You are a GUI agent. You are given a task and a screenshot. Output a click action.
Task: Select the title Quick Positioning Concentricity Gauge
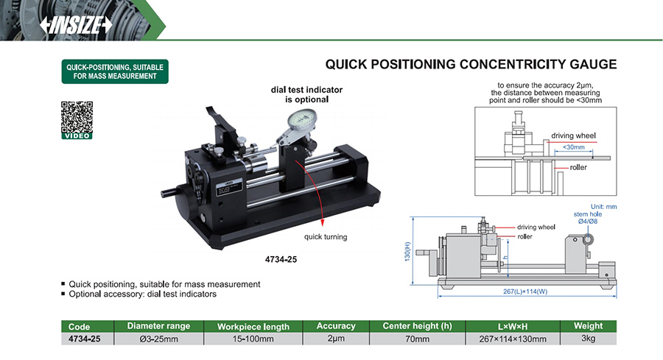point(471,65)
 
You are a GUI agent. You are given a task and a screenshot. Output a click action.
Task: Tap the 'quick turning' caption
point(325,237)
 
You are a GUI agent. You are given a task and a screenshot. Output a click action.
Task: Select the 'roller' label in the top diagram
point(578,168)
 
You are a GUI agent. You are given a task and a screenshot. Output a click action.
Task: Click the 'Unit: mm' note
point(603,207)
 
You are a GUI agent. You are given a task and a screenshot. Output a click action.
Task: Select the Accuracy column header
point(335,326)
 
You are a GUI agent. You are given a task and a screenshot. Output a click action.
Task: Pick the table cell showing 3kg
point(588,339)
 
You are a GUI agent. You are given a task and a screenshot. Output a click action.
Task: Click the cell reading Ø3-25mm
point(158,339)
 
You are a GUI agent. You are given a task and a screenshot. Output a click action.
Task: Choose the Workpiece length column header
point(253,326)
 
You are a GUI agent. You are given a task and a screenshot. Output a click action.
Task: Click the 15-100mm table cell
point(253,339)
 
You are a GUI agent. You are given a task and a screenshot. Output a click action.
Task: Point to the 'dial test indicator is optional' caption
point(306,94)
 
